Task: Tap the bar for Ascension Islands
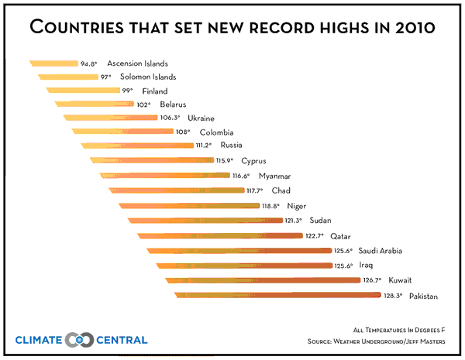click(54, 63)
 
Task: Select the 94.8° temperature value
click(90, 63)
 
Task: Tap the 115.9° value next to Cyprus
click(225, 161)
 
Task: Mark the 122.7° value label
click(314, 236)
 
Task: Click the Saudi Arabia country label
click(381, 251)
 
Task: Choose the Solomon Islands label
click(149, 77)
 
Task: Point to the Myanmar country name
click(274, 176)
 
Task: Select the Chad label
click(281, 190)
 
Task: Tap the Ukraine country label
click(201, 118)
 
